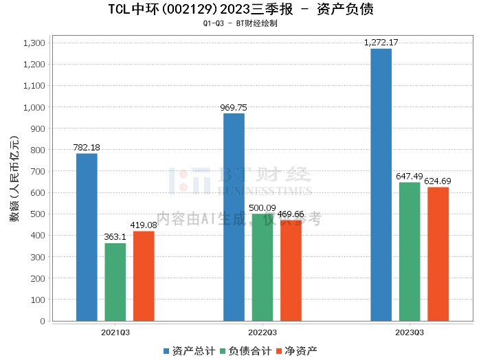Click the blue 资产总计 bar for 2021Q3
[87, 237]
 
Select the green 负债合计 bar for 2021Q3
[115, 282]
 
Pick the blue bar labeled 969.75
[234, 217]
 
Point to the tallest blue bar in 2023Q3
[381, 185]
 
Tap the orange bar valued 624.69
[438, 254]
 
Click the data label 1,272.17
[381, 43]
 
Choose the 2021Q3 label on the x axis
[115, 332]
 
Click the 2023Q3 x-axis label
[410, 332]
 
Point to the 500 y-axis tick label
[37, 214]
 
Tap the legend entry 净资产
[296, 351]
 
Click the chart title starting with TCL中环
[240, 10]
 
